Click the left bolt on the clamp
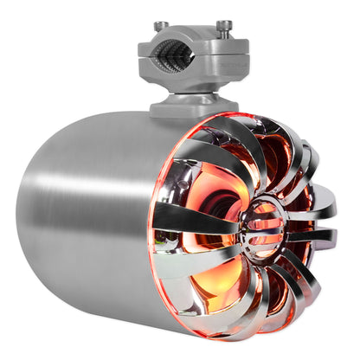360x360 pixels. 161,27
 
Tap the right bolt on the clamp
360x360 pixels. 224,27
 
